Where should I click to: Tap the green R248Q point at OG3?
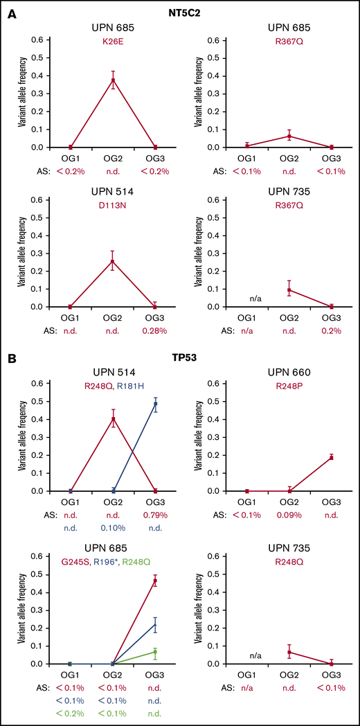[x=155, y=652]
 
